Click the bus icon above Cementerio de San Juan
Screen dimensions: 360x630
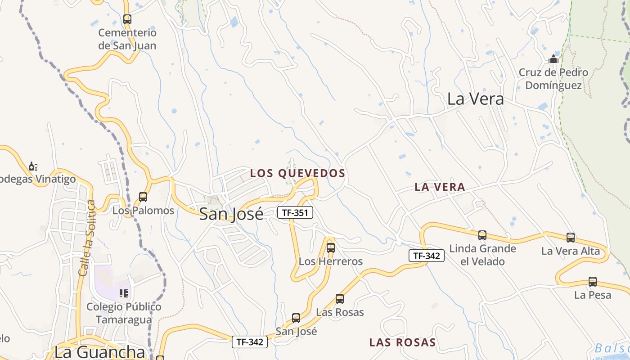coord(127,19)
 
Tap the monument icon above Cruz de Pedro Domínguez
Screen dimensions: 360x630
coord(553,59)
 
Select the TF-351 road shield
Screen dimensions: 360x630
coord(295,212)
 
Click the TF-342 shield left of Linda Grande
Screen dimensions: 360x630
coord(426,256)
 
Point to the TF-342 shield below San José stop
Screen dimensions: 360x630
coord(250,342)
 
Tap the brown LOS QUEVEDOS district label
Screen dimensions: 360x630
coord(297,173)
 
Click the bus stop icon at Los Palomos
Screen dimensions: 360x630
coord(143,197)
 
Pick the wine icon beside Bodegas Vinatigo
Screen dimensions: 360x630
coord(33,166)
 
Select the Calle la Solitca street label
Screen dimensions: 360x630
coord(87,238)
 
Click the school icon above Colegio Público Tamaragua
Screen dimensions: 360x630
coord(124,294)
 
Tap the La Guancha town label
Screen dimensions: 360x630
coord(99,351)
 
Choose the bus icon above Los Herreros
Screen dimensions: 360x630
coord(331,248)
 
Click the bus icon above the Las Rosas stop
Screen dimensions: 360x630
coord(340,299)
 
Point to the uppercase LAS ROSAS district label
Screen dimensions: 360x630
coord(402,342)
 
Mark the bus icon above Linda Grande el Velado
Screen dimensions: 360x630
coord(482,235)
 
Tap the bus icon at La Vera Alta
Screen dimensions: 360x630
coord(571,238)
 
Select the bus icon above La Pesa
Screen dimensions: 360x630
coord(593,282)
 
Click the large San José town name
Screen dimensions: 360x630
coord(231,214)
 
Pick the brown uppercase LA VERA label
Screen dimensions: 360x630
coord(440,187)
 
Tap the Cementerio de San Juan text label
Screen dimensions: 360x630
coord(127,39)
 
